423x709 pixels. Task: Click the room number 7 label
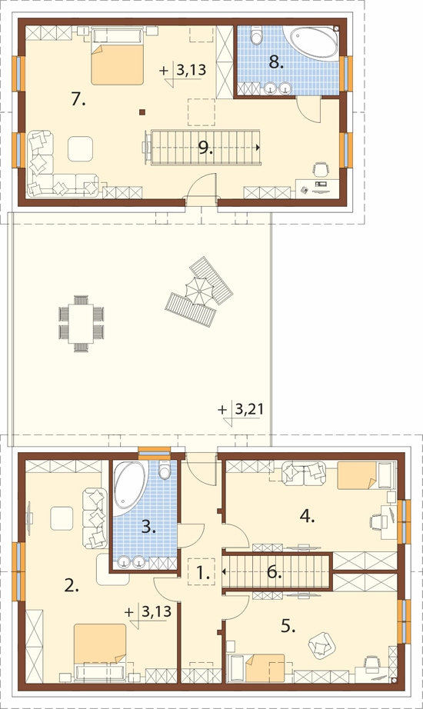[x=78, y=99]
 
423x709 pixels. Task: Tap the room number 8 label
[x=275, y=63]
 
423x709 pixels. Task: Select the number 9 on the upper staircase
[x=205, y=148]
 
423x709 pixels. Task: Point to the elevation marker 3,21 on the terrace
[x=248, y=409]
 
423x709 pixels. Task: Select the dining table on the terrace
[x=82, y=323]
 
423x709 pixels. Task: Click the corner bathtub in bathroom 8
[x=312, y=43]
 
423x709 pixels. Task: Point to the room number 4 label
[x=307, y=516]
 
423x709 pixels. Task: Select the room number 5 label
[x=288, y=626]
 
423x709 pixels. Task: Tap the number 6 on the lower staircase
[x=274, y=572]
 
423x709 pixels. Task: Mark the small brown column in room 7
[x=142, y=112]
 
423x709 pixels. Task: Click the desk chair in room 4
[x=375, y=522]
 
